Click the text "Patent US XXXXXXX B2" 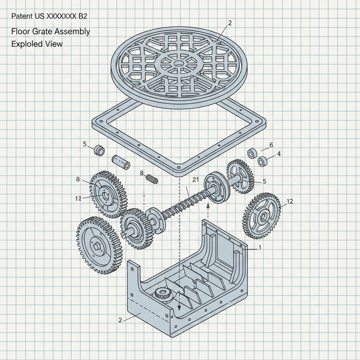pyautogui.click(x=49, y=17)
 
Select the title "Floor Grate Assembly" pyautogui.click(x=51, y=31)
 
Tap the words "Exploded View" pyautogui.click(x=37, y=44)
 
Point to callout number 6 pyautogui.click(x=271, y=145)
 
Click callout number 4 pyautogui.click(x=279, y=154)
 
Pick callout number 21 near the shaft pyautogui.click(x=196, y=180)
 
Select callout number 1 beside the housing pyautogui.click(x=259, y=247)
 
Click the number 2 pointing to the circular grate pyautogui.click(x=230, y=23)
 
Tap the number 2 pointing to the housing pyautogui.click(x=120, y=320)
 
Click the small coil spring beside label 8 pyautogui.click(x=152, y=179)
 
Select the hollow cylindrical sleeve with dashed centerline pyautogui.click(x=121, y=162)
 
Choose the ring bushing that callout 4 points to pyautogui.click(x=263, y=162)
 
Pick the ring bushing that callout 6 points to pyautogui.click(x=252, y=154)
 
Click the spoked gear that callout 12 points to pyautogui.click(x=262, y=216)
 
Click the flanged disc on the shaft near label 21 pyautogui.click(x=216, y=188)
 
